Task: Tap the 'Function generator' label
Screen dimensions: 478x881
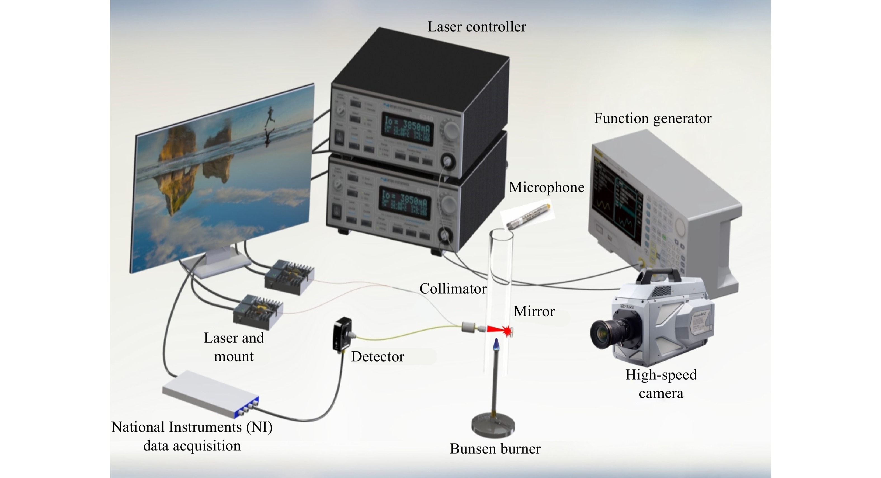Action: click(652, 118)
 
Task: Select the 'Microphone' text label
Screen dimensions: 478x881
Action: click(546, 187)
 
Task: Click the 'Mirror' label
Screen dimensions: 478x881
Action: click(534, 311)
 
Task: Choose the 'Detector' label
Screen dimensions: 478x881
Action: click(377, 357)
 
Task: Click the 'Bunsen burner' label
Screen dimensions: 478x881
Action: click(495, 449)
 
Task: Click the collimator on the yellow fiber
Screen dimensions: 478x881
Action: click(468, 327)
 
